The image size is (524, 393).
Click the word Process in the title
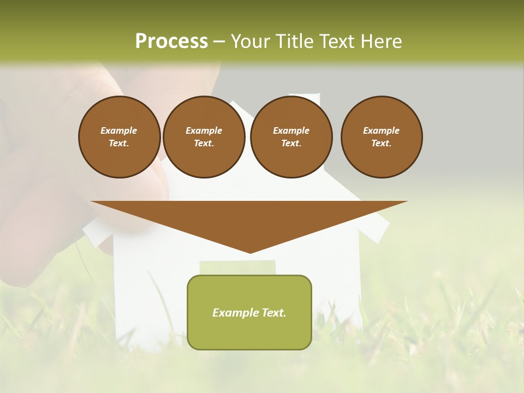pyautogui.click(x=171, y=41)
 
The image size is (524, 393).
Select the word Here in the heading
pyautogui.click(x=380, y=41)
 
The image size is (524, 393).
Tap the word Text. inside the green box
pyautogui.click(x=273, y=313)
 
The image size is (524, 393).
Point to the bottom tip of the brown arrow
pyautogui.click(x=250, y=252)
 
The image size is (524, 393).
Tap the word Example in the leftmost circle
pyautogui.click(x=119, y=130)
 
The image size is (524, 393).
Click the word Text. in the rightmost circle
pyautogui.click(x=382, y=143)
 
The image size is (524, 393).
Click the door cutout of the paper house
pyautogui.click(x=237, y=267)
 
